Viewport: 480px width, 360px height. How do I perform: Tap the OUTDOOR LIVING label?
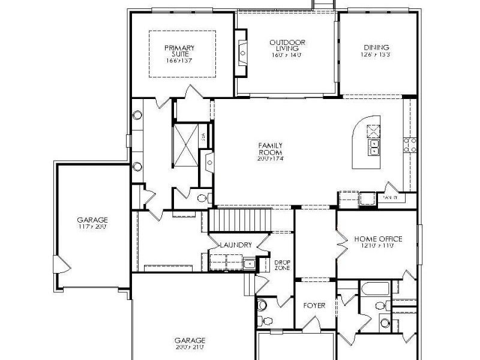[x=287, y=45]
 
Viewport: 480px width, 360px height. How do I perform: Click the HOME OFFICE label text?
[x=378, y=239]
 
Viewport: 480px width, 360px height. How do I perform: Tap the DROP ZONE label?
[x=282, y=265]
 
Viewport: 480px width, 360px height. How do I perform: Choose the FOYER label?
[x=314, y=305]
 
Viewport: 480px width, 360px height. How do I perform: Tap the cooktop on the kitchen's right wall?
[x=410, y=145]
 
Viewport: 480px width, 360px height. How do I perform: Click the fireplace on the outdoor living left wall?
[x=241, y=58]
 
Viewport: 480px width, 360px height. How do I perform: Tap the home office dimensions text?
[x=378, y=246]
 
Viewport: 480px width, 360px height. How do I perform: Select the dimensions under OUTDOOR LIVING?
[x=287, y=55]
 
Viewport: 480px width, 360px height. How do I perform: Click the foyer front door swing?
[x=312, y=324]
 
